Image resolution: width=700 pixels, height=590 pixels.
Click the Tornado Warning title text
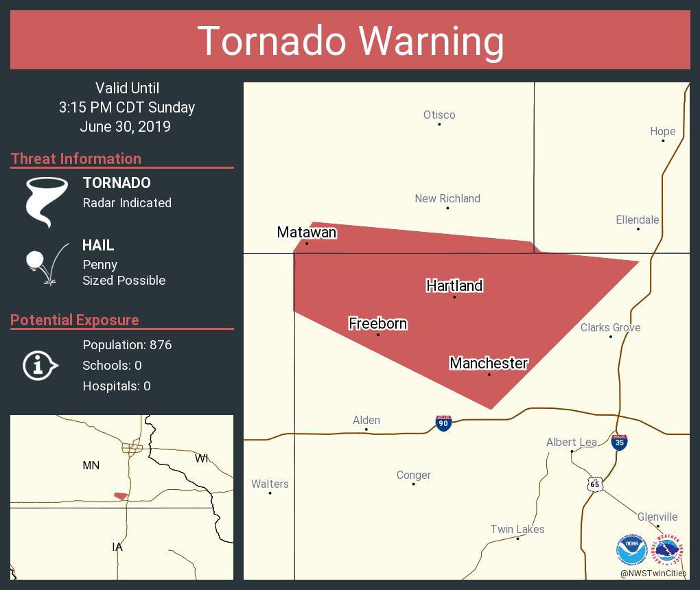[x=350, y=40]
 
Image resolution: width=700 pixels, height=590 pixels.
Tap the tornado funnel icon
[x=46, y=202]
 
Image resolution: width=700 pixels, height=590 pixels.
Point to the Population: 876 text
[x=127, y=344]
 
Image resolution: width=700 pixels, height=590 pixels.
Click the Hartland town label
[x=454, y=285]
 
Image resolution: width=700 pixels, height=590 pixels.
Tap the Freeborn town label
[x=377, y=323]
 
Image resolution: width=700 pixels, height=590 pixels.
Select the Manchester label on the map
[x=489, y=363]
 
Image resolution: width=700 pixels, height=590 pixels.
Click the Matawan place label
[x=307, y=233]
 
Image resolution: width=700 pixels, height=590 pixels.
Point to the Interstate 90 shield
[x=443, y=423]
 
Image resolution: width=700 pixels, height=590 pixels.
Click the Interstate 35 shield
[x=619, y=441]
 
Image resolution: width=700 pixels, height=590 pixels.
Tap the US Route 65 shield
[x=595, y=484]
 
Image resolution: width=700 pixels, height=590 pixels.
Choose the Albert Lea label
[x=571, y=442]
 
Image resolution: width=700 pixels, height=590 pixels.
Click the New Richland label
[x=447, y=198]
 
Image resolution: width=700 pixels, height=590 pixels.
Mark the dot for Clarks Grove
[x=611, y=337]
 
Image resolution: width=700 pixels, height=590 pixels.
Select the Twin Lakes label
[x=517, y=529]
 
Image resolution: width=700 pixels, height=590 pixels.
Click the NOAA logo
[x=631, y=550]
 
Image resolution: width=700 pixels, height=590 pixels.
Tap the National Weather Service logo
[x=669, y=550]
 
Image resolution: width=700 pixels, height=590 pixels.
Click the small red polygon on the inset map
[x=121, y=495]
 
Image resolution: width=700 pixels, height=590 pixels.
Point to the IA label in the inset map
[x=117, y=547]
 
